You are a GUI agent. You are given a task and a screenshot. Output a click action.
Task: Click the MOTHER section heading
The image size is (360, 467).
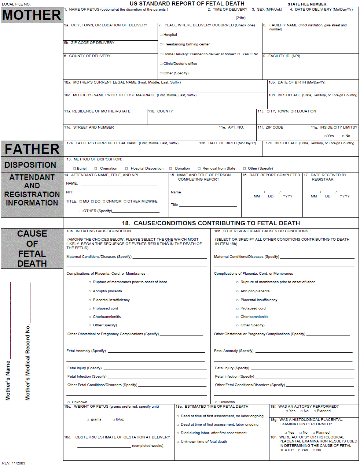click(32, 15)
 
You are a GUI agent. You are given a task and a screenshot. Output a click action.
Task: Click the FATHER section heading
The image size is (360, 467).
click(32, 149)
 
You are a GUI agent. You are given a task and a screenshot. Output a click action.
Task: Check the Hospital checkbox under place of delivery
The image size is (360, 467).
click(161, 35)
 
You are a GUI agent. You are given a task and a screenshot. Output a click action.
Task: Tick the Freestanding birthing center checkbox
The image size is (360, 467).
click(161, 44)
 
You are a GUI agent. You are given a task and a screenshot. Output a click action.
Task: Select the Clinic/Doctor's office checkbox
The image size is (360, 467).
click(161, 64)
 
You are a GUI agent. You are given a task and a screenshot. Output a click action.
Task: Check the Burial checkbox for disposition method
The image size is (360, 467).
click(74, 168)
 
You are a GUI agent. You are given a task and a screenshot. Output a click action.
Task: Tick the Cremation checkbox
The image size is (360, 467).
click(96, 168)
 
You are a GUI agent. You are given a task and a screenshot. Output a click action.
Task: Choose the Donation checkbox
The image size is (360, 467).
click(170, 168)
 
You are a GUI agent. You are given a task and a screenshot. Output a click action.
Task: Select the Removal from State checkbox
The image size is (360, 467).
click(199, 168)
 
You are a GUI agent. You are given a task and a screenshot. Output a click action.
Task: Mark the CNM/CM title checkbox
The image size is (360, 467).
click(104, 201)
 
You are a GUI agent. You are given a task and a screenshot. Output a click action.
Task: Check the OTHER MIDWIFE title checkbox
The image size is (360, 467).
click(125, 201)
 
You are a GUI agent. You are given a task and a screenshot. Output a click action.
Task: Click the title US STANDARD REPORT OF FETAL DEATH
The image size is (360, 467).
click(187, 4)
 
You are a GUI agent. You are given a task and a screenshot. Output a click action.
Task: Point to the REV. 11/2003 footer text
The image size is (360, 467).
click(14, 463)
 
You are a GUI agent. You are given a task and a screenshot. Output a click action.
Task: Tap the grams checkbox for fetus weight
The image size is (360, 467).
click(88, 419)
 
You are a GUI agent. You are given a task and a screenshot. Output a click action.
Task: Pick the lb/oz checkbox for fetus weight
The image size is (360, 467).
click(114, 419)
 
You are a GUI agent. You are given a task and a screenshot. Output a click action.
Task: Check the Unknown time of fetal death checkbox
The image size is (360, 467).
click(177, 442)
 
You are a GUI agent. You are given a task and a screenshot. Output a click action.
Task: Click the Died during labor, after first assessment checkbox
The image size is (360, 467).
click(177, 433)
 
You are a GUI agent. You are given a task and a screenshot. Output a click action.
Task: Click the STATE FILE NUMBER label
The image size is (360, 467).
click(307, 4)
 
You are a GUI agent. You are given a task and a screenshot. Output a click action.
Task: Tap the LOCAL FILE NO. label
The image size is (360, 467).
click(16, 4)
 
